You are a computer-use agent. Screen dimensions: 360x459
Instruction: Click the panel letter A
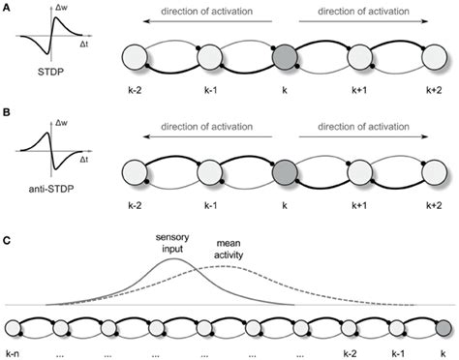(7, 9)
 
